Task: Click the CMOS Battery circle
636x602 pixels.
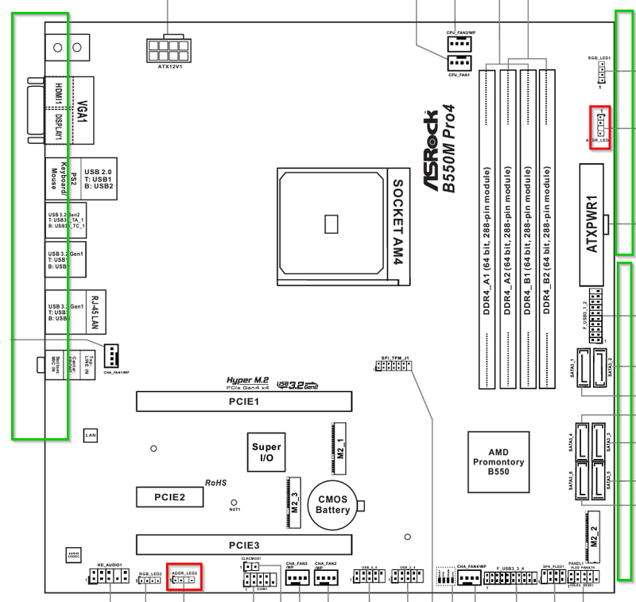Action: click(333, 504)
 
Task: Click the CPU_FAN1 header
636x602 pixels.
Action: click(460, 64)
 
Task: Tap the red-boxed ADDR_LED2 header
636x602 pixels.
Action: click(184, 580)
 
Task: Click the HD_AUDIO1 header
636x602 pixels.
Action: click(109, 577)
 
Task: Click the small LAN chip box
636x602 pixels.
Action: click(91, 436)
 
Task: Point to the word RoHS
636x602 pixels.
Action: click(216, 482)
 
